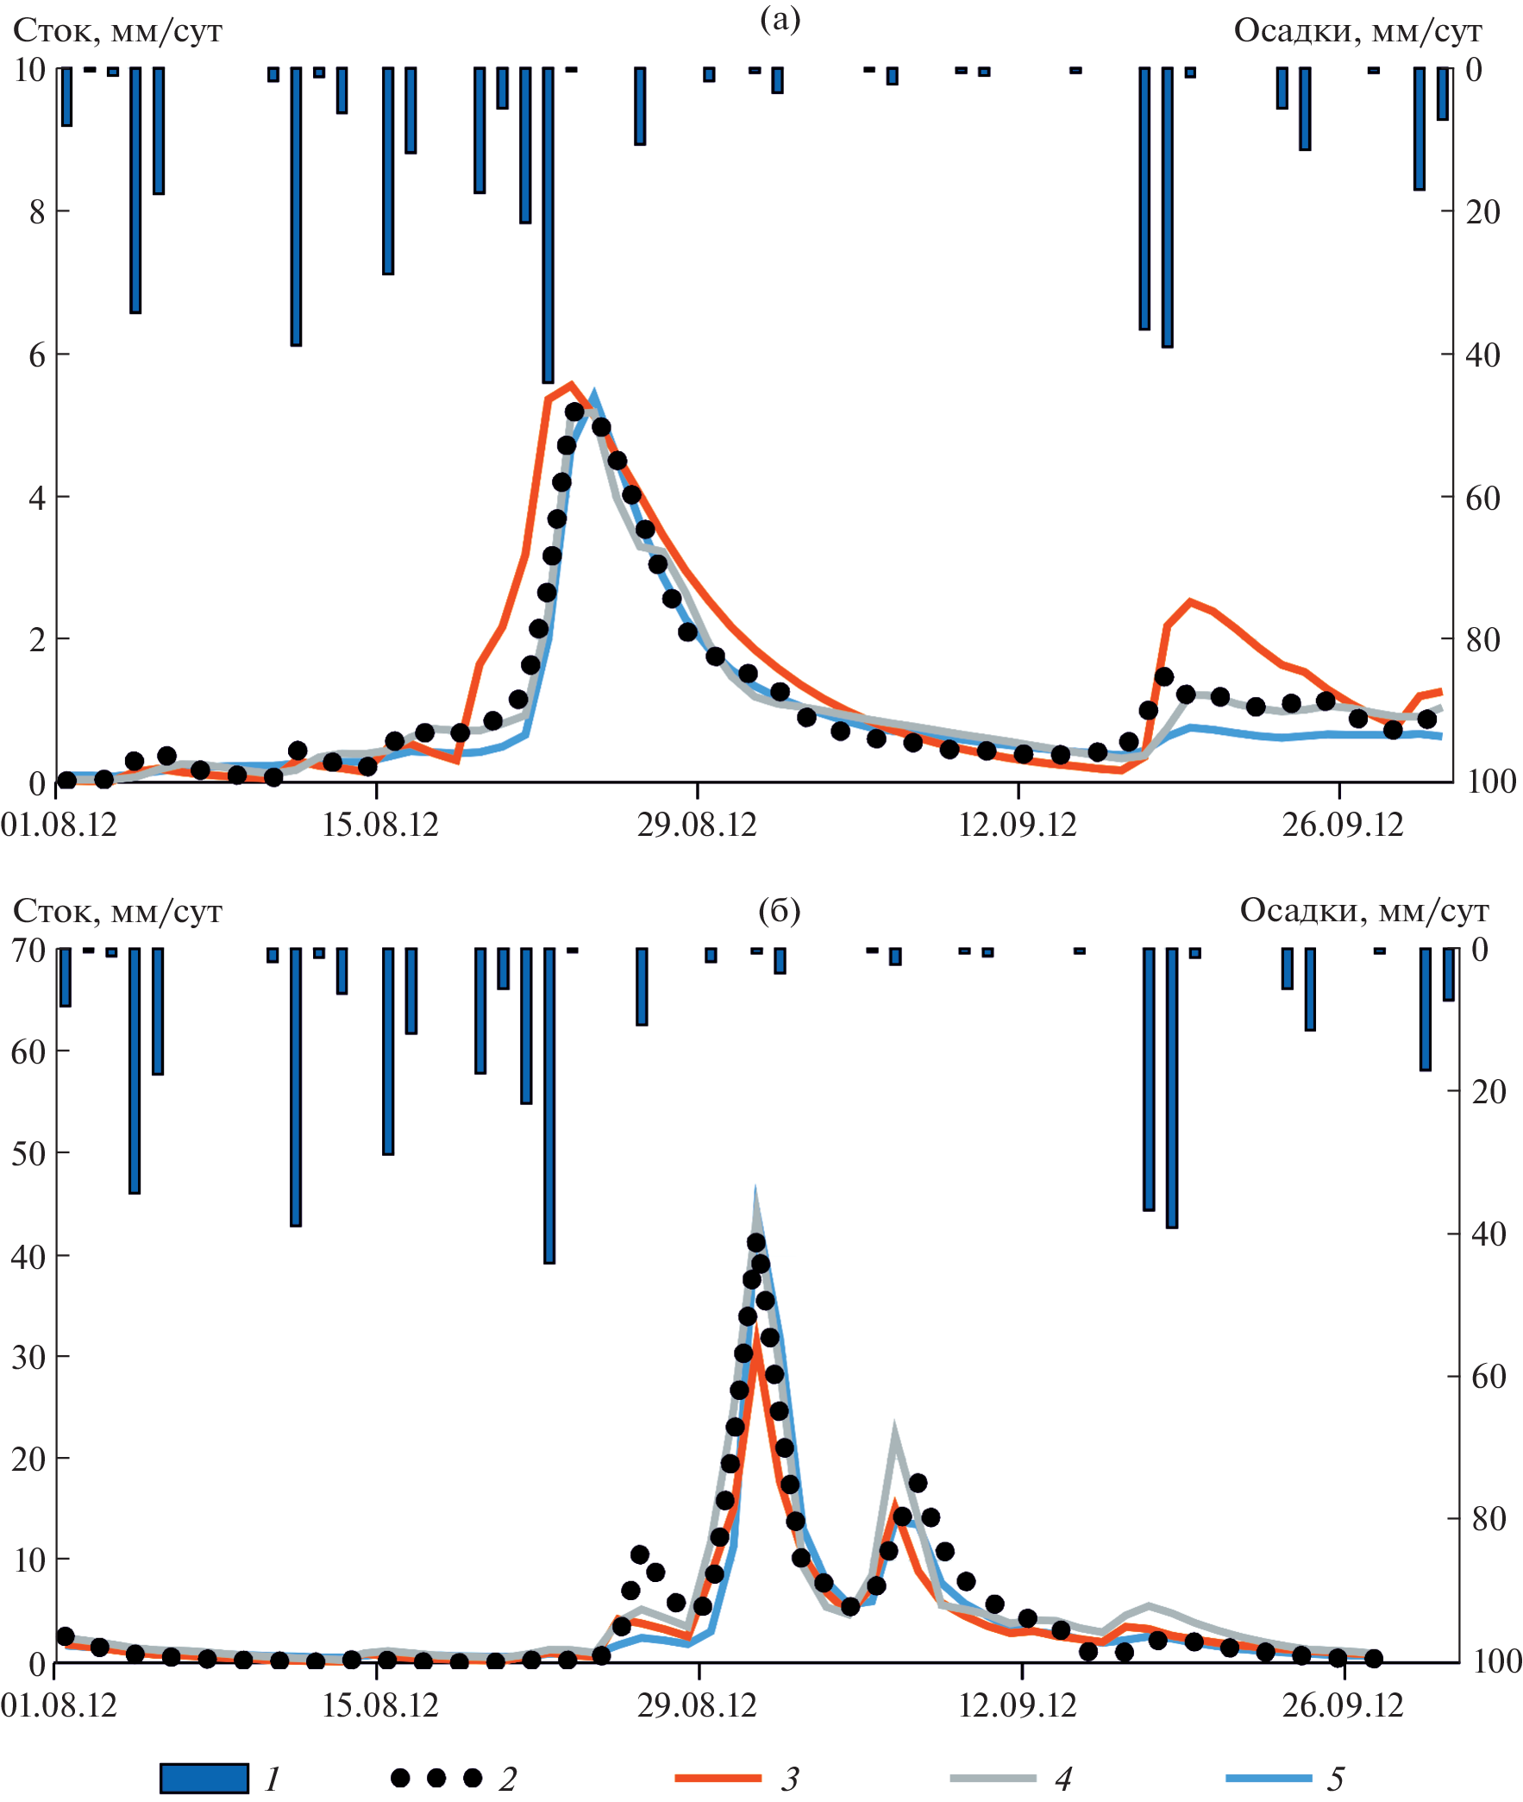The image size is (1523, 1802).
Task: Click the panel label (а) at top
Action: tap(780, 19)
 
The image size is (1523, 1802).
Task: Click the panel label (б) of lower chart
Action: tap(779, 910)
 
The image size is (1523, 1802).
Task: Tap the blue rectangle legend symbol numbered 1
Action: tap(204, 1778)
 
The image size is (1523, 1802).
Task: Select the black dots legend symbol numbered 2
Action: tap(436, 1778)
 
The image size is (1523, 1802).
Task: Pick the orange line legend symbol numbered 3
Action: tap(718, 1778)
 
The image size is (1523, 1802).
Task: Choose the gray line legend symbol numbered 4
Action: tap(993, 1778)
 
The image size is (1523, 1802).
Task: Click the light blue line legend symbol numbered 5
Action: tap(1269, 1778)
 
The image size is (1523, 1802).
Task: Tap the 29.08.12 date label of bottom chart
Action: tap(697, 1705)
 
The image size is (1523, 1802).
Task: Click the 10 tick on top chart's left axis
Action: tap(30, 70)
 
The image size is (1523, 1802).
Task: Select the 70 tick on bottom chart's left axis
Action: tap(28, 951)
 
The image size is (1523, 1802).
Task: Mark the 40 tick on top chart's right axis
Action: tap(1482, 354)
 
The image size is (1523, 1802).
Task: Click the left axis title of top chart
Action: tap(117, 31)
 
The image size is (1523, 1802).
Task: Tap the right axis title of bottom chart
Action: tap(1364, 910)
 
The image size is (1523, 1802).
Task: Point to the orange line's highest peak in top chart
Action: tap(571, 384)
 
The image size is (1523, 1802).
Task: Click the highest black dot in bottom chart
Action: tap(755, 1242)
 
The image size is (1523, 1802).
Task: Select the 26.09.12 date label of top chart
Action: tap(1343, 826)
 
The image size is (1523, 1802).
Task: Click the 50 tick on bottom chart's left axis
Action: tap(28, 1153)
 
